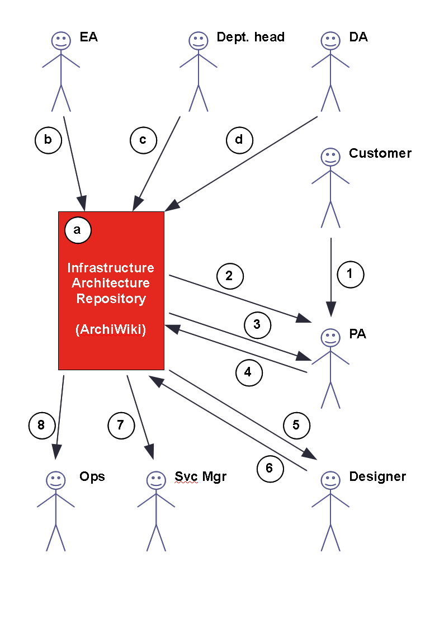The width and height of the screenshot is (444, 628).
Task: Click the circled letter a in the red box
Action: coord(78,229)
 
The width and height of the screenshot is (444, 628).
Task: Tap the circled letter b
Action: coord(48,140)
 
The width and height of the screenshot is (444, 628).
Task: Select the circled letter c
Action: coord(143,140)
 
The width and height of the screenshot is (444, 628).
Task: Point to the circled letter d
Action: coord(239,140)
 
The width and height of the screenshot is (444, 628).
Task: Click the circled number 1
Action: coord(351,274)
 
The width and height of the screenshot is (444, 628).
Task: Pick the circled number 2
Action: coord(229,276)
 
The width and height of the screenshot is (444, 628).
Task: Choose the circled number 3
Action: coord(257,325)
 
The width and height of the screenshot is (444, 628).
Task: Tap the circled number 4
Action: coord(248,372)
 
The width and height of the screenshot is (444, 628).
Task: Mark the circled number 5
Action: coord(296,426)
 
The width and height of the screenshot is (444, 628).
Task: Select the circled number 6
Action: coord(270,468)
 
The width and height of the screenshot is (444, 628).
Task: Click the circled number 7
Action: coord(120,426)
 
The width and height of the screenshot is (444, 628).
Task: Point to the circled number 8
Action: coord(41,426)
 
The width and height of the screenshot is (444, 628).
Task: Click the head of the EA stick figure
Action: coord(60,40)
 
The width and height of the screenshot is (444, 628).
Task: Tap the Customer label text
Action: coord(380,153)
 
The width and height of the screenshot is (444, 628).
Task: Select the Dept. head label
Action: coord(251,37)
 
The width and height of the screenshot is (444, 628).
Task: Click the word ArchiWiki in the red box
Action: coord(111,330)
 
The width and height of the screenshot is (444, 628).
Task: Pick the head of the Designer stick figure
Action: coord(330,480)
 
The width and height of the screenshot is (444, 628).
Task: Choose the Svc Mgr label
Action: coord(200,476)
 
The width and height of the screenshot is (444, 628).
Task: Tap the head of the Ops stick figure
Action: coord(55,480)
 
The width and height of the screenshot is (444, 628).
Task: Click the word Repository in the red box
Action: coord(111,299)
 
